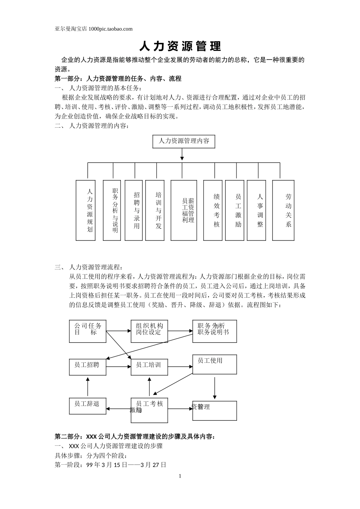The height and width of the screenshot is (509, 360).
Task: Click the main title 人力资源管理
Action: pos(180,46)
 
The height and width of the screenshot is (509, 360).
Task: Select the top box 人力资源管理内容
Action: pos(183,141)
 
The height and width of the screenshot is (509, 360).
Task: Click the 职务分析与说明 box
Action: pos(112,210)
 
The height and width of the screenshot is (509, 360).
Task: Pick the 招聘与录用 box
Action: pos(134,210)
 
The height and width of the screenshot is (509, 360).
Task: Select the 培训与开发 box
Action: pos(155,210)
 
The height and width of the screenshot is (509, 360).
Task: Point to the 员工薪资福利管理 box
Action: pos(184,210)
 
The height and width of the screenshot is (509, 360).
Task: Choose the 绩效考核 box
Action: pos(213,210)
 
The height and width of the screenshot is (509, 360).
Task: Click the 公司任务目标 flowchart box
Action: pos(88,331)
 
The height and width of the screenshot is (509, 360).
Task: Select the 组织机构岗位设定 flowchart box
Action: pos(149,331)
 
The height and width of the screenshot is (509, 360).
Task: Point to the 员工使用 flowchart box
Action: pos(215,364)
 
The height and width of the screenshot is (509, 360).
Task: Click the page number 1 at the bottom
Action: pos(180,476)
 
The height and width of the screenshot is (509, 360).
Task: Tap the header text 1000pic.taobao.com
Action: pos(110,29)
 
